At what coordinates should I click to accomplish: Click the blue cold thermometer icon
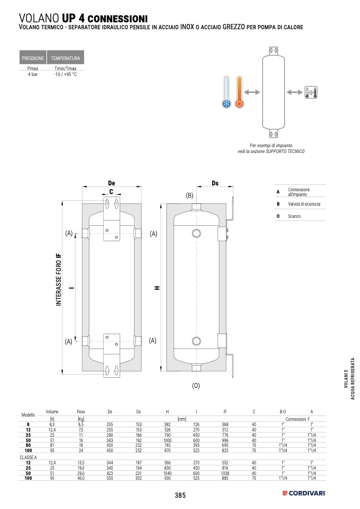pos(227,93)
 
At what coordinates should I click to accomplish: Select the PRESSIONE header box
pos(32,58)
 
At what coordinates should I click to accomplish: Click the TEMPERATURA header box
pos(65,58)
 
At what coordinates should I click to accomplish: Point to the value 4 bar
pos(32,75)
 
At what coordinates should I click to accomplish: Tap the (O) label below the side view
pos(196,386)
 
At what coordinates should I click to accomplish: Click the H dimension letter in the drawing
pos(157,288)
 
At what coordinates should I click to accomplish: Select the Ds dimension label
pos(215,183)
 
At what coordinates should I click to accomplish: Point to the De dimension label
pos(111,183)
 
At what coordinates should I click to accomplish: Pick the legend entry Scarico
pos(295,216)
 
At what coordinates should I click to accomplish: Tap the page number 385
pos(180,495)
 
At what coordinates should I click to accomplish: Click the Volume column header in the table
pos(52,411)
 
